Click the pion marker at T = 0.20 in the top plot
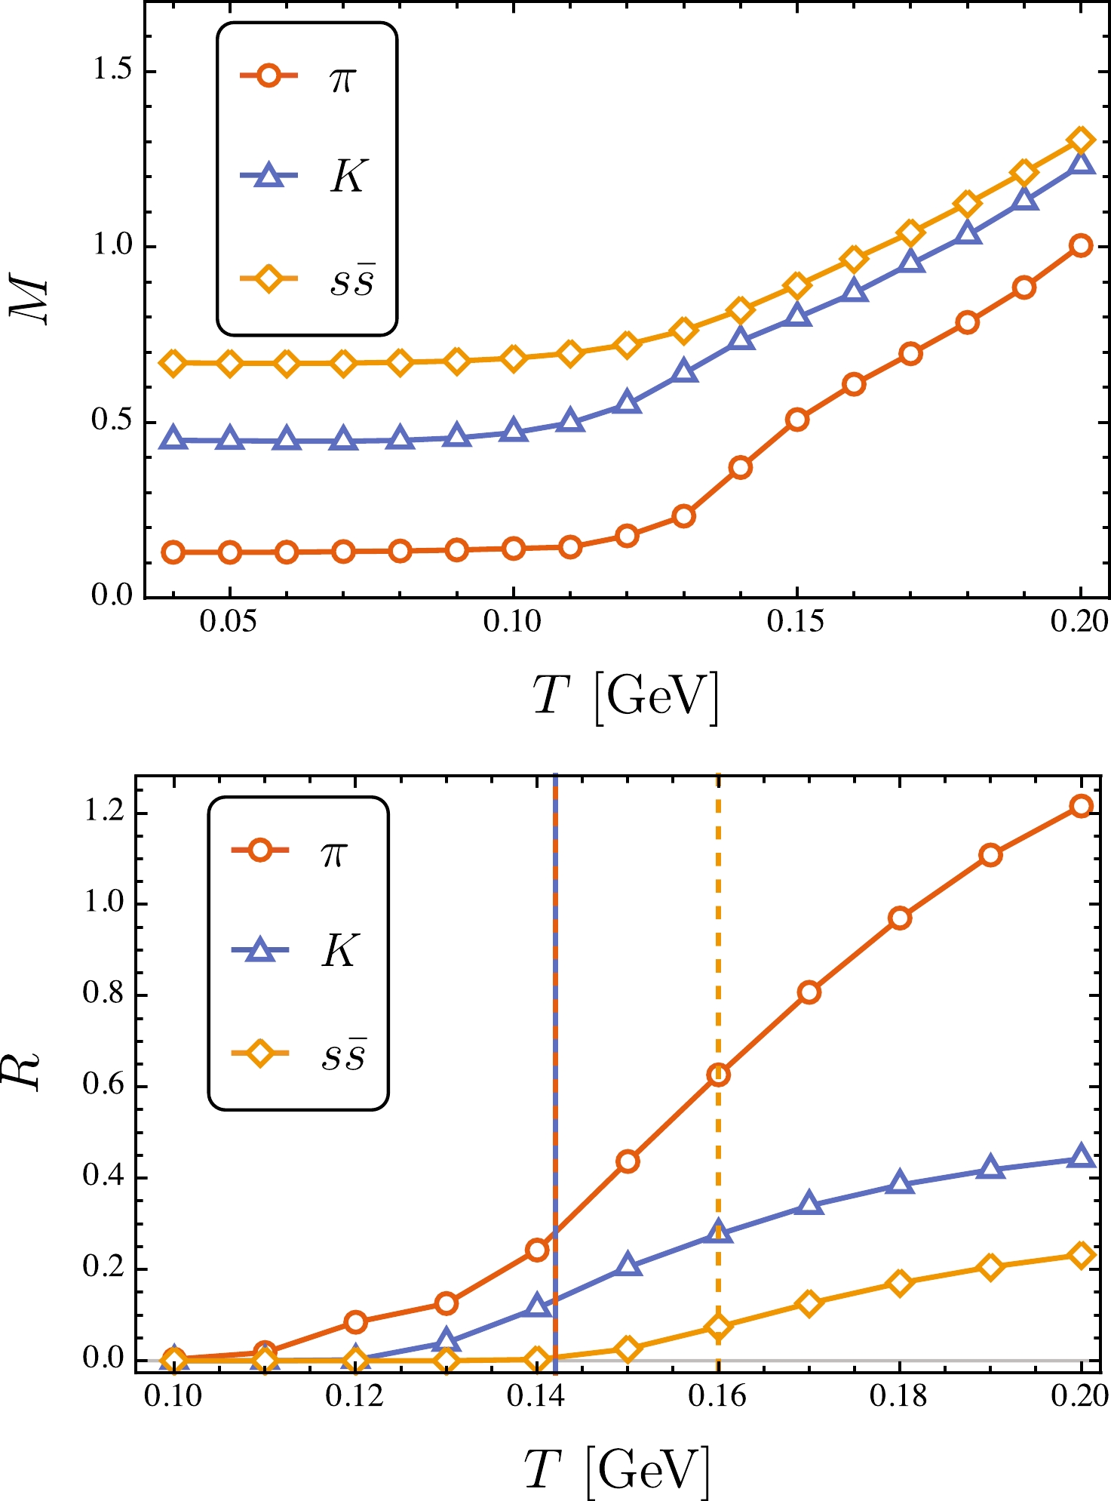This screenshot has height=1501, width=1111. (x=1081, y=245)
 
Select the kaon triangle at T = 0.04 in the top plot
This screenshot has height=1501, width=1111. (x=173, y=439)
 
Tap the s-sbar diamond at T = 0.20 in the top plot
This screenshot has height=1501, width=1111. (x=1081, y=140)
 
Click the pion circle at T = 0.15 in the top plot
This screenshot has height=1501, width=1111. (x=797, y=420)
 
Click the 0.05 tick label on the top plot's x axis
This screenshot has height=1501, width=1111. (x=229, y=622)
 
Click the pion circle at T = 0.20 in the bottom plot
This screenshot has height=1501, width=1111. (x=1081, y=806)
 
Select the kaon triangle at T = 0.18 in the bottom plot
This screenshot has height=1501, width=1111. (x=899, y=1183)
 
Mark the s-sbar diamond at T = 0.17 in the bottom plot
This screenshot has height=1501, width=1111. (x=809, y=1303)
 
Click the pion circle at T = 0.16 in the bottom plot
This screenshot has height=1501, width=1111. (x=718, y=1075)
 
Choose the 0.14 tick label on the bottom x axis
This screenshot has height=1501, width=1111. (x=536, y=1398)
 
